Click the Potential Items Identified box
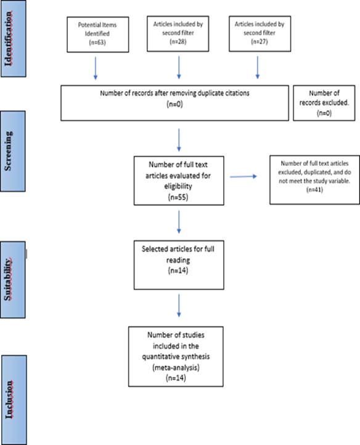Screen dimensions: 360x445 click(x=97, y=35)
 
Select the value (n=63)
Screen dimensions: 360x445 click(x=97, y=43)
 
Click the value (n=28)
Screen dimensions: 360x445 click(x=178, y=42)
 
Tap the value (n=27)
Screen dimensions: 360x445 click(x=259, y=42)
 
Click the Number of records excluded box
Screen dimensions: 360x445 click(x=324, y=103)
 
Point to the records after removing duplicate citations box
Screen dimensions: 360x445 click(x=174, y=103)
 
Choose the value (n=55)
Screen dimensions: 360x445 click(x=178, y=197)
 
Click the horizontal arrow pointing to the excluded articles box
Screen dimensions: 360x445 click(x=243, y=176)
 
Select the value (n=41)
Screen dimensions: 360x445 click(x=314, y=190)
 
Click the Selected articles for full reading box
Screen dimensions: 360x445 click(x=179, y=265)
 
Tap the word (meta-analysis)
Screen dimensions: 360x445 click(x=176, y=367)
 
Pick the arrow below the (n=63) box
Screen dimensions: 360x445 click(x=96, y=68)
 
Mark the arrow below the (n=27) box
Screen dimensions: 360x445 click(x=258, y=67)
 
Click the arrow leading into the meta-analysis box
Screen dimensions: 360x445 click(x=179, y=305)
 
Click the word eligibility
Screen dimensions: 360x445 click(x=178, y=186)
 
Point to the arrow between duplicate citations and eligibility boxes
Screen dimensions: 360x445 click(x=179, y=140)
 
